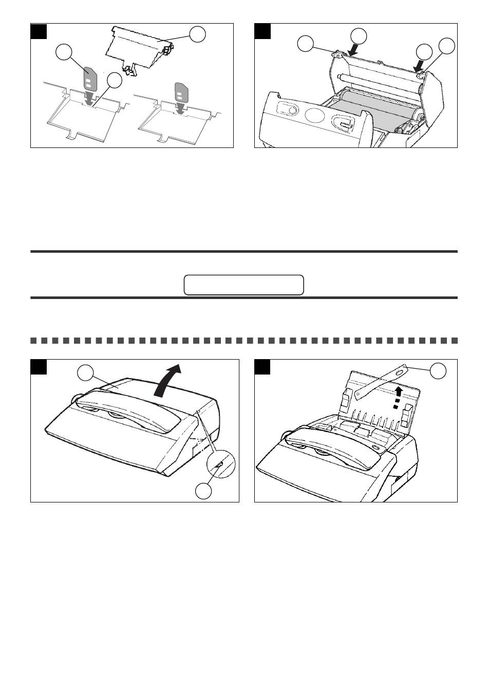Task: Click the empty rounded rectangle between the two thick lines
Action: (x=243, y=285)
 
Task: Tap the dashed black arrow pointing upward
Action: (x=397, y=398)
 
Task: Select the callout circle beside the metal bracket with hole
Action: (x=438, y=371)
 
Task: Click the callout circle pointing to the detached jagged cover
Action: (x=197, y=34)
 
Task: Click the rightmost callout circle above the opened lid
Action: (x=447, y=46)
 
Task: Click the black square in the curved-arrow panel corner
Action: (x=39, y=367)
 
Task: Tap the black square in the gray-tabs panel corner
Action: (x=39, y=31)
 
